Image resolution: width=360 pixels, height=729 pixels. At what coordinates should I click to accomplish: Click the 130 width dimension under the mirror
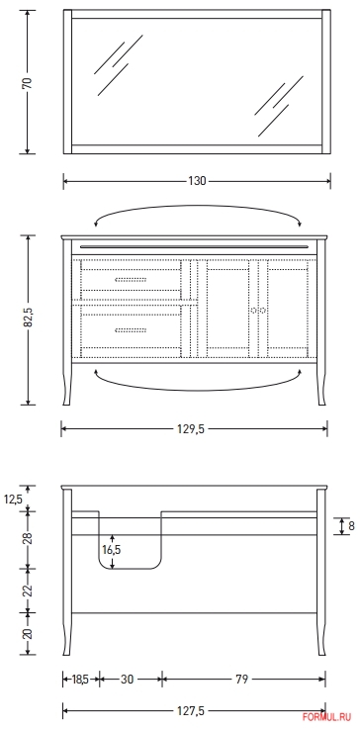coord(197,180)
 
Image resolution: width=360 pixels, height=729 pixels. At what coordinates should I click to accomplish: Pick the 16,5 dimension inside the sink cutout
coord(112,548)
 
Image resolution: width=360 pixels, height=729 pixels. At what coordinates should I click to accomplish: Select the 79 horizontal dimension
coord(243,679)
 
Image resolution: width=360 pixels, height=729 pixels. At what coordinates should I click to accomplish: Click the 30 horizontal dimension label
coord(129,679)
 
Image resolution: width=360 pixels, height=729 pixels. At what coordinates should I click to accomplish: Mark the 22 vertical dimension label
coord(28,590)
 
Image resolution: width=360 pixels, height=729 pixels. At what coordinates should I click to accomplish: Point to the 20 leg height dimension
coord(28,633)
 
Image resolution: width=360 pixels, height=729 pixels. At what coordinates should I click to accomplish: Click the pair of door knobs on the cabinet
coord(258,310)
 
